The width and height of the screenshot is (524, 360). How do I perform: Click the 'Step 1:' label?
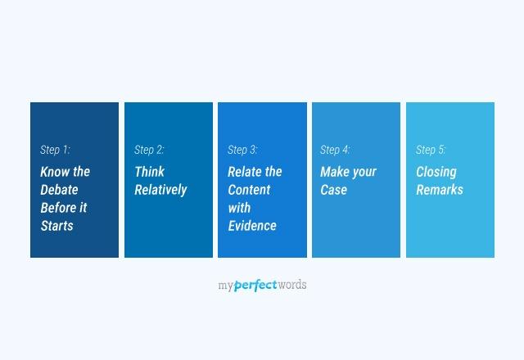point(55,150)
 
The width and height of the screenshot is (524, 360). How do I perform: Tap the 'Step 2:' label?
point(149,150)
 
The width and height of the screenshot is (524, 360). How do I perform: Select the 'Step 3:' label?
point(242,150)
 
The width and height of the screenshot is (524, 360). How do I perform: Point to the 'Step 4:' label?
point(335,150)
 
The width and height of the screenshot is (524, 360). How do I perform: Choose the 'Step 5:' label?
point(431,150)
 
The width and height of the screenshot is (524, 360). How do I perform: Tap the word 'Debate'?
point(60,190)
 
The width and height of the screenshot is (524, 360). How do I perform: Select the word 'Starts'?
point(57,226)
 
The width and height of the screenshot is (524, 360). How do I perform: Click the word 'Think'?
point(150,172)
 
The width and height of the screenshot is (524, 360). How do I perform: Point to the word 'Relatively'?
point(160,190)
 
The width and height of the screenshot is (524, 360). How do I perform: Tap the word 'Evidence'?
point(252,226)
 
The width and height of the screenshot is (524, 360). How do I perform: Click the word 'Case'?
point(334,190)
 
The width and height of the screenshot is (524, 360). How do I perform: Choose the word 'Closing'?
point(436,172)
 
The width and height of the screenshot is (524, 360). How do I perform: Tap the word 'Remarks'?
point(440,190)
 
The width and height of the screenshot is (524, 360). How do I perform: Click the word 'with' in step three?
point(239,208)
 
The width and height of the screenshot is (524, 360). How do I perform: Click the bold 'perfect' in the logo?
point(255,286)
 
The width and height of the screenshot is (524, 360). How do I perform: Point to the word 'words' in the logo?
point(292,286)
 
